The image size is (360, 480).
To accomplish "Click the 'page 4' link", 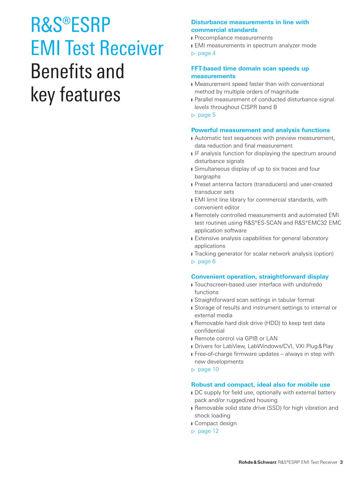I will pos(207,53).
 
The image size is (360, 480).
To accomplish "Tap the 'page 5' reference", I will pos(207,115).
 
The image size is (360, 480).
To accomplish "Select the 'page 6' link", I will pos(207,261).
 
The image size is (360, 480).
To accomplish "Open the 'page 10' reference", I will pos(208,370).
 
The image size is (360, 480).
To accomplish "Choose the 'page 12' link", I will pos(208,431).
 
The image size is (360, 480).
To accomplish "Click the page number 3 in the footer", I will pos(341,462).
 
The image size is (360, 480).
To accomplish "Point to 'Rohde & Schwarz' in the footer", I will pos(257,462).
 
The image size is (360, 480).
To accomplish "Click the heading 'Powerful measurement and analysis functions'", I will pos(260,130).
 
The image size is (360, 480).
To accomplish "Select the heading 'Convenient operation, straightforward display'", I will pos(260,277).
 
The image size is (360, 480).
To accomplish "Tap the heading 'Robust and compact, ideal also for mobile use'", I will pos(261,385).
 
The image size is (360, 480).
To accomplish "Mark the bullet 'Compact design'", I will pos(216,424).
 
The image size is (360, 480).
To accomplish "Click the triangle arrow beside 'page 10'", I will pos(193,370).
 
